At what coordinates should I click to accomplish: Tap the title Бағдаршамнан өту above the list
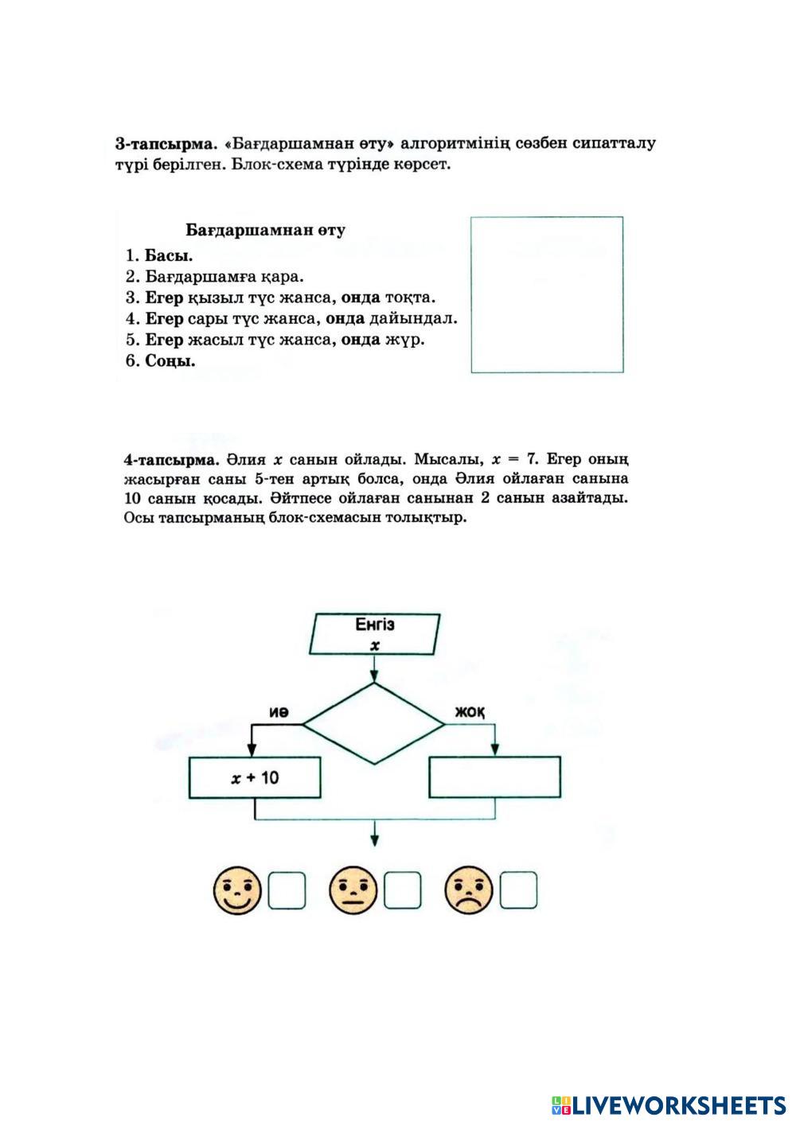point(265,231)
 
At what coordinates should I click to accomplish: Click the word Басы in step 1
point(168,256)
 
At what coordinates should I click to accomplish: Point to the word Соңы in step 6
point(170,360)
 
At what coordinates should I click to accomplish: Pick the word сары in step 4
point(202,319)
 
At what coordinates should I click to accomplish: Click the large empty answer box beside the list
point(547,294)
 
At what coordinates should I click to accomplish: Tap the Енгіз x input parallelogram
point(375,634)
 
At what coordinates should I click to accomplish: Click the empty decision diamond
point(374,724)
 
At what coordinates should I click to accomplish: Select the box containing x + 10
point(256,777)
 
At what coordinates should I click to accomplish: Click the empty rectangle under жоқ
point(494,777)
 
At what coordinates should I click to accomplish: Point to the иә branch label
point(278,712)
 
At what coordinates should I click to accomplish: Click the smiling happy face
point(237,890)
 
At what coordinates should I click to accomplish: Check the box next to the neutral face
point(402,891)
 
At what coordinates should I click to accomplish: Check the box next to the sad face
point(518,891)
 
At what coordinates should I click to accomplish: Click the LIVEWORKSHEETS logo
point(668,1104)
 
